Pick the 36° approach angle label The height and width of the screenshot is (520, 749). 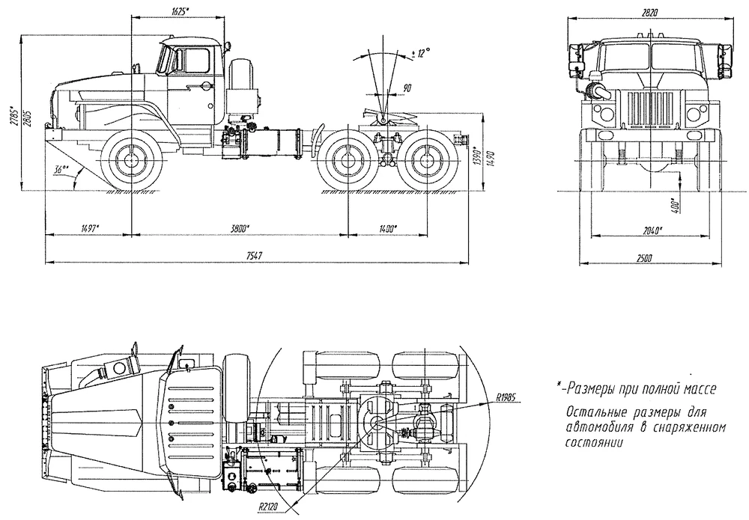[62, 168]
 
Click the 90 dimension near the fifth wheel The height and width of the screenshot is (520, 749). [407, 88]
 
